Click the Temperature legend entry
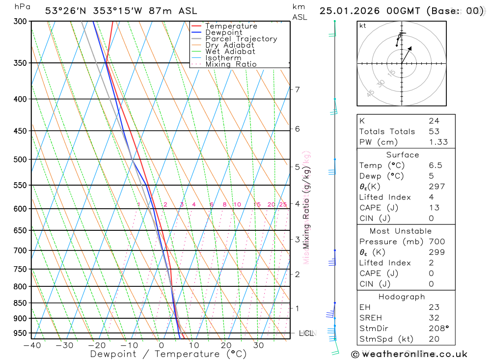(x=231, y=26)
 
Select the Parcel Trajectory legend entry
(x=241, y=39)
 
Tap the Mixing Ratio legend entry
(x=231, y=64)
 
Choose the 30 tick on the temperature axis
(x=259, y=345)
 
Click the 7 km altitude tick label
(x=298, y=89)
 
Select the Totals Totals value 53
(x=434, y=132)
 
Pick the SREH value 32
(x=434, y=318)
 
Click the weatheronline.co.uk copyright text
(x=409, y=354)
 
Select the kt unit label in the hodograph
(x=363, y=26)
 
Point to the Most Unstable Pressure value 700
(x=436, y=242)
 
